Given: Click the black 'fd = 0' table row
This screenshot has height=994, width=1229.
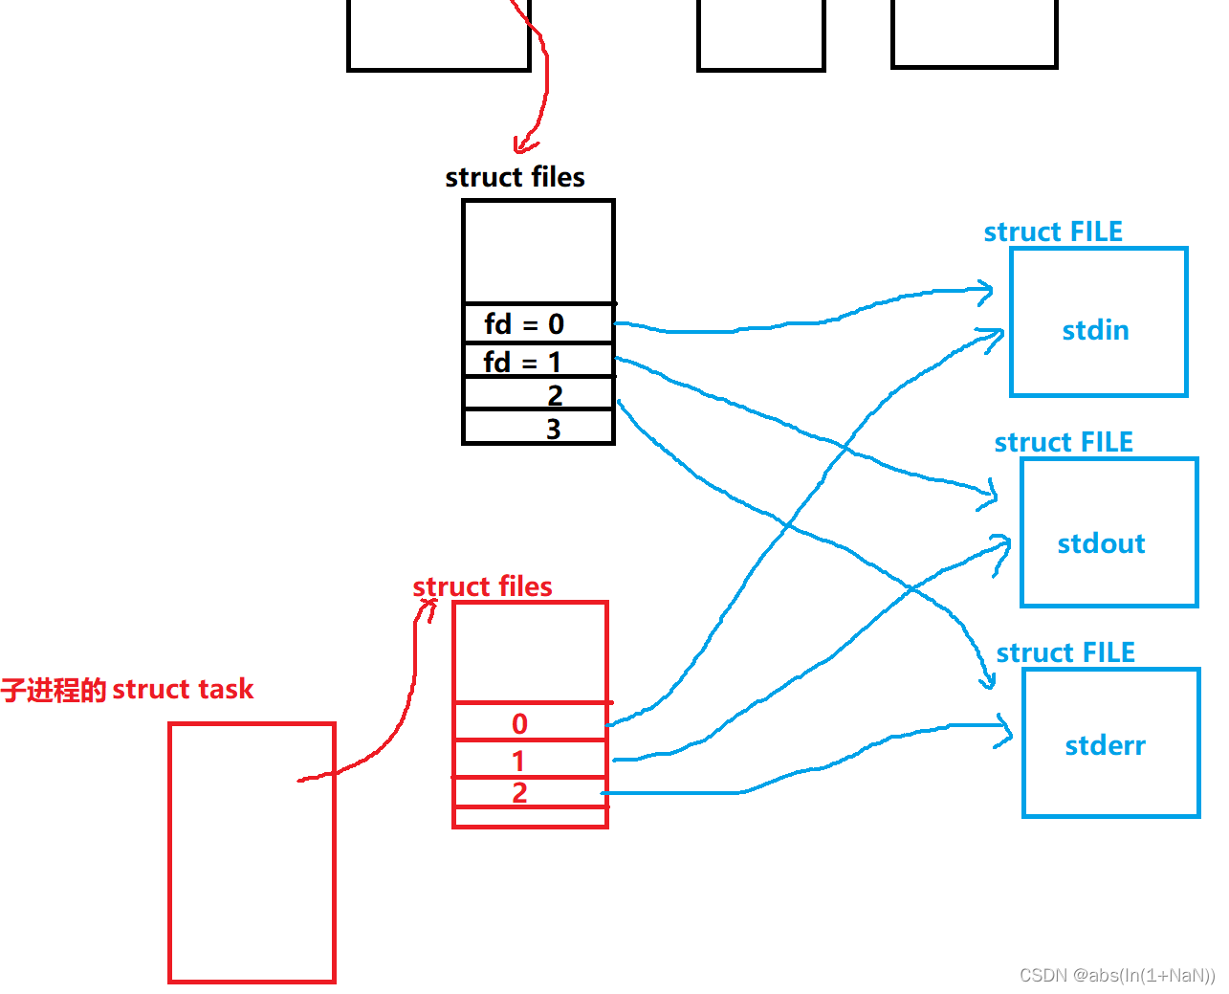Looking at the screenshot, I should tap(524, 324).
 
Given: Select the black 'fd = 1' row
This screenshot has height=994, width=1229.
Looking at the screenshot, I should tap(522, 363).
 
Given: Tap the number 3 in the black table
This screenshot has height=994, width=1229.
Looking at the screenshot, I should tap(553, 429).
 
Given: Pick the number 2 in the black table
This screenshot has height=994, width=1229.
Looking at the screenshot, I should tap(555, 395).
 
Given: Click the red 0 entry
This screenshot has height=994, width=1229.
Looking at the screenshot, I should tap(519, 724).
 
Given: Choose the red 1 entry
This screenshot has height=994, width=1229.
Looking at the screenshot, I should tap(518, 762).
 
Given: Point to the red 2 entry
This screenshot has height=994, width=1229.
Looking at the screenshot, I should tap(519, 793).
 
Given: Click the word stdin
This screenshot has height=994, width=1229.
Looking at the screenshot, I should tap(1095, 331).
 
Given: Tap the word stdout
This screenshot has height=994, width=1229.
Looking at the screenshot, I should tap(1101, 544).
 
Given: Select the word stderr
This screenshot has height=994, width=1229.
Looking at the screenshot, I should tap(1105, 746).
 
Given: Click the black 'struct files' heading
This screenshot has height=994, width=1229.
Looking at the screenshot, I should tap(515, 178).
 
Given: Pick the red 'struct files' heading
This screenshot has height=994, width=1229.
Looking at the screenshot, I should tap(482, 586).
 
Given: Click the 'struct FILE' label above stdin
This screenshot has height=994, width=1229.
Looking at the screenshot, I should tap(1053, 232).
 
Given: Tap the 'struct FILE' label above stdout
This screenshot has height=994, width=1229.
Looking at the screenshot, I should tap(1064, 443).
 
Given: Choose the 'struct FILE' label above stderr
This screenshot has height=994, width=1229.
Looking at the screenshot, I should tap(1065, 653).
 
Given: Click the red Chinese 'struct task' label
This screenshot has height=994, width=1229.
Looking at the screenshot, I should tap(127, 690).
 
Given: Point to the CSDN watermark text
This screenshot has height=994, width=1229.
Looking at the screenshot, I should tap(1116, 975).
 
